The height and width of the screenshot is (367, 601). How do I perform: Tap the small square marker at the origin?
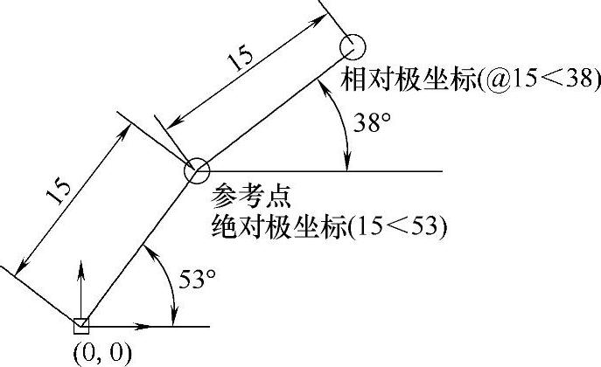(x=80, y=326)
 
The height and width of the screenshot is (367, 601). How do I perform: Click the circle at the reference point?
(x=196, y=170)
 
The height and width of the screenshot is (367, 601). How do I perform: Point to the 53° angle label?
(x=197, y=280)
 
